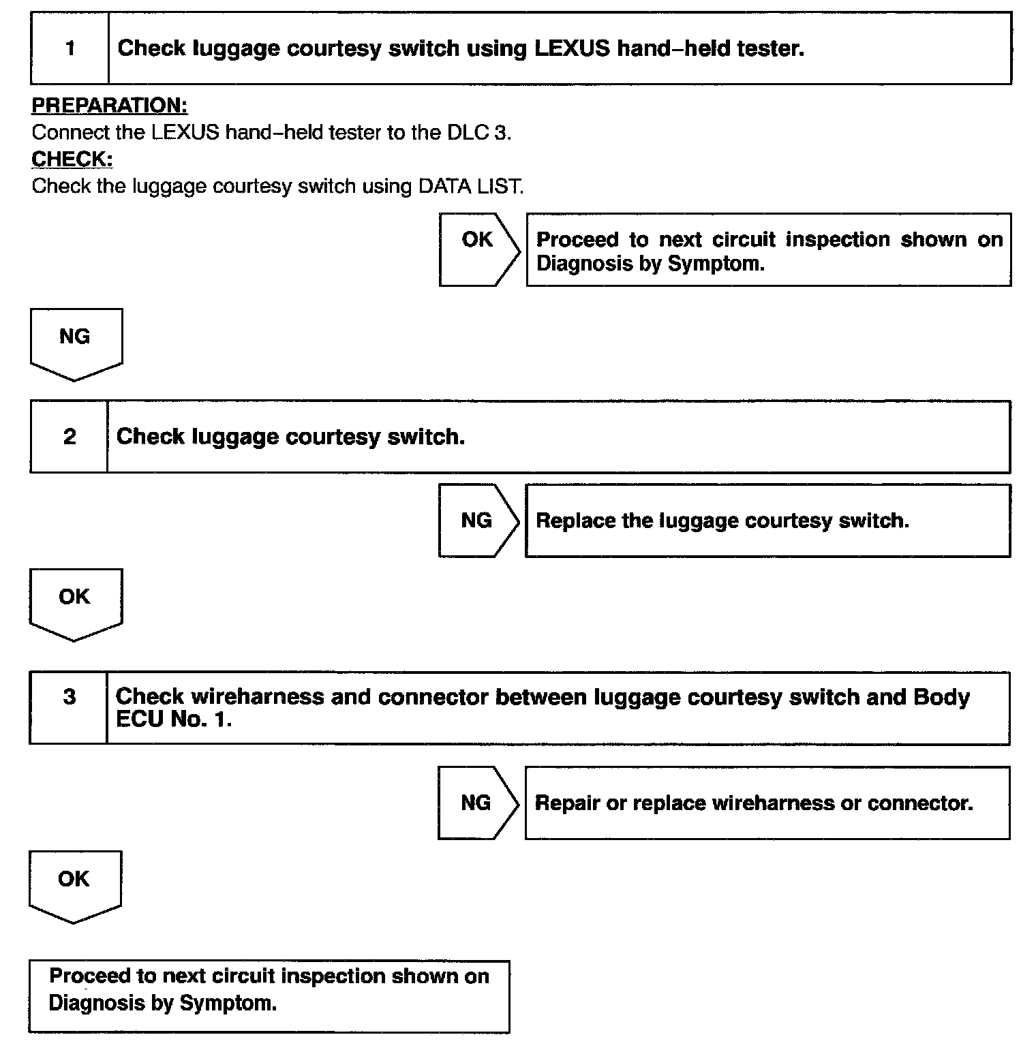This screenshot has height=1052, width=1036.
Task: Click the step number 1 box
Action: [70, 48]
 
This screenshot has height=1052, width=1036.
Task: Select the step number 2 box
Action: [70, 437]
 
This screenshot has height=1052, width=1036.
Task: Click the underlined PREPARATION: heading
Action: [110, 106]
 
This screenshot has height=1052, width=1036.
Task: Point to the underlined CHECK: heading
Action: [72, 159]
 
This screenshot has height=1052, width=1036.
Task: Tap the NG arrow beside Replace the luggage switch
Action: [478, 521]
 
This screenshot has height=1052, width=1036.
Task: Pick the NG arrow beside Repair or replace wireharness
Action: [477, 803]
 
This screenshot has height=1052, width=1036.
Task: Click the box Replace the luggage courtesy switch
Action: [767, 521]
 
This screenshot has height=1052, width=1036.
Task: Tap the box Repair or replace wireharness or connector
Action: [767, 803]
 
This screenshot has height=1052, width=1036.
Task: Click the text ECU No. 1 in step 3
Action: [174, 720]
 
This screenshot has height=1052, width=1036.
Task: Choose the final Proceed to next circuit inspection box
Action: [269, 995]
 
